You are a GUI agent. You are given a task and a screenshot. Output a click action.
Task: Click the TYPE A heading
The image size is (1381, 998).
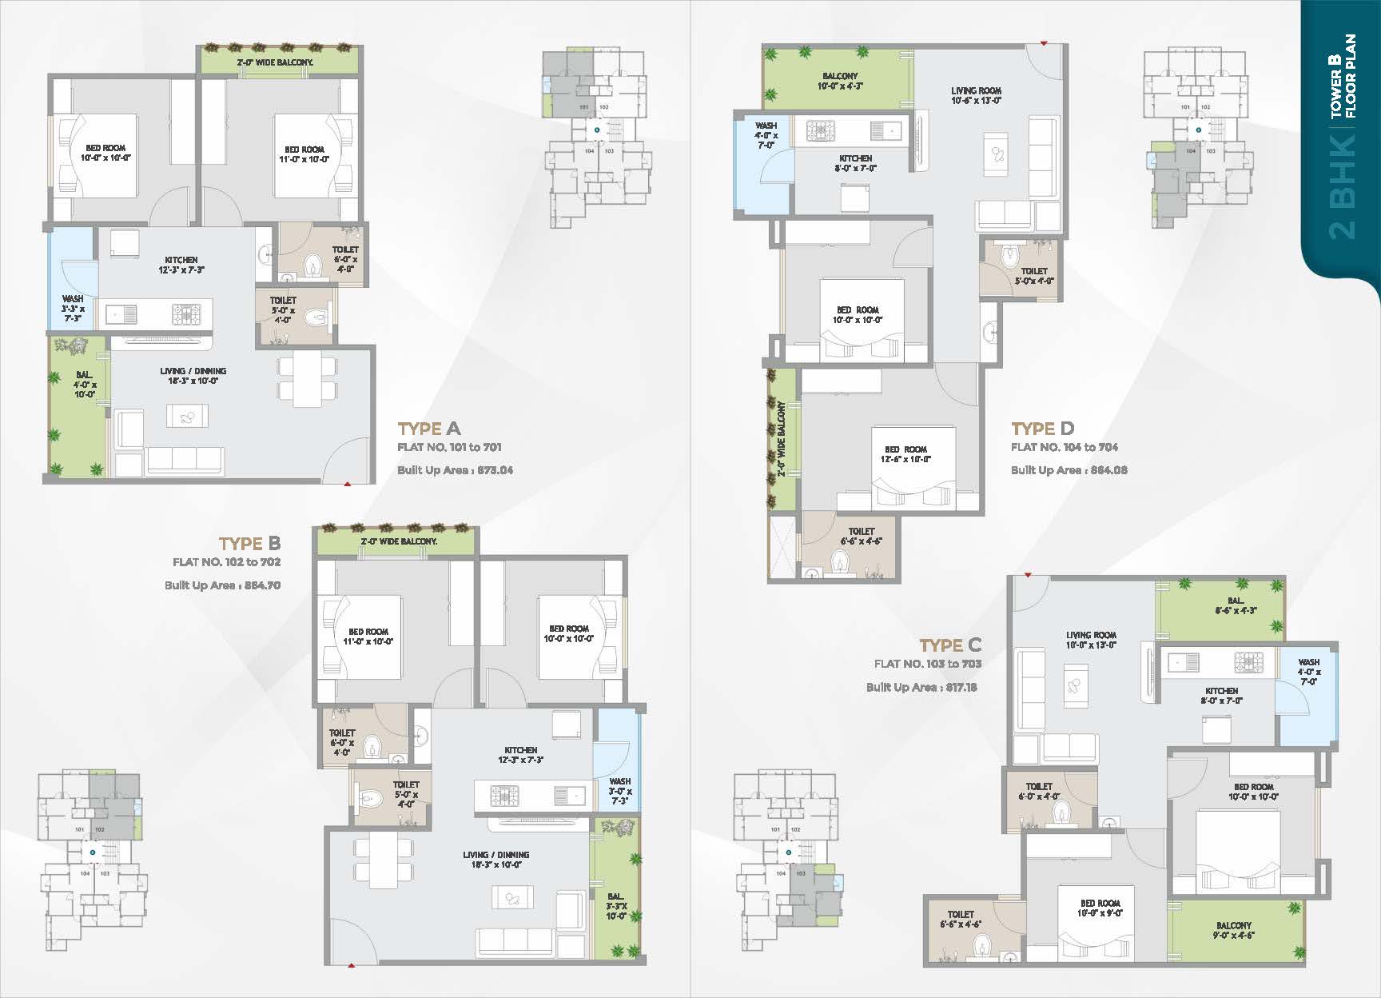pos(429,429)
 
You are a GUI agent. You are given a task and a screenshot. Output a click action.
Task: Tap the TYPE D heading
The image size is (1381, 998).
pos(1042,429)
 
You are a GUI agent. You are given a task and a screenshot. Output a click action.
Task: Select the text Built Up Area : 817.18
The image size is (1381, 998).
pos(921,687)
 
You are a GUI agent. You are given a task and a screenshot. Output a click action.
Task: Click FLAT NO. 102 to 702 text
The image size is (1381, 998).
pos(226,562)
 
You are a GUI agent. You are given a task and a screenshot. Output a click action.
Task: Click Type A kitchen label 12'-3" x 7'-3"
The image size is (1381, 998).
pos(181,265)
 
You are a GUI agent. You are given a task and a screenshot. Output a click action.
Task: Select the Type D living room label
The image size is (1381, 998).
pos(976,95)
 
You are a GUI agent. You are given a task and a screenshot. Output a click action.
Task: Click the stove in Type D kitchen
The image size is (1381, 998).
pos(820,131)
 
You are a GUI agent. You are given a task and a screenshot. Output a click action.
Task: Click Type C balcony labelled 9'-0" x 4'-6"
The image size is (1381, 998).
pos(1233,930)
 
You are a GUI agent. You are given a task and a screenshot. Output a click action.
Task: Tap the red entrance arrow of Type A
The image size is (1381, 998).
pos(347,483)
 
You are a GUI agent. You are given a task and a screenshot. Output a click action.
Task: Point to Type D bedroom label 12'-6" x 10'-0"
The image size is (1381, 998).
pos(905,454)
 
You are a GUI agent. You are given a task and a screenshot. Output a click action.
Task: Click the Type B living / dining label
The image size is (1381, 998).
pos(495,860)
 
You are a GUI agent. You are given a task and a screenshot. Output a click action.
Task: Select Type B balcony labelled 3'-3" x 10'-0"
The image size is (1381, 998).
pos(615,906)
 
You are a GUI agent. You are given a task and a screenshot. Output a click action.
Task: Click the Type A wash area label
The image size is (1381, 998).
pos(72,308)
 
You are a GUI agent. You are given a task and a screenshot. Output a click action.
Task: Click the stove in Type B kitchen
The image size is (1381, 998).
pos(504,796)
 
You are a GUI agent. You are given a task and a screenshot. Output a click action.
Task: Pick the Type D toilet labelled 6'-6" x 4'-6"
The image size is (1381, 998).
pos(861,536)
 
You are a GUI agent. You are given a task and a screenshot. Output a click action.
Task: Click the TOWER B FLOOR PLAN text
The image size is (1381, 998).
pos(1342,76)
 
